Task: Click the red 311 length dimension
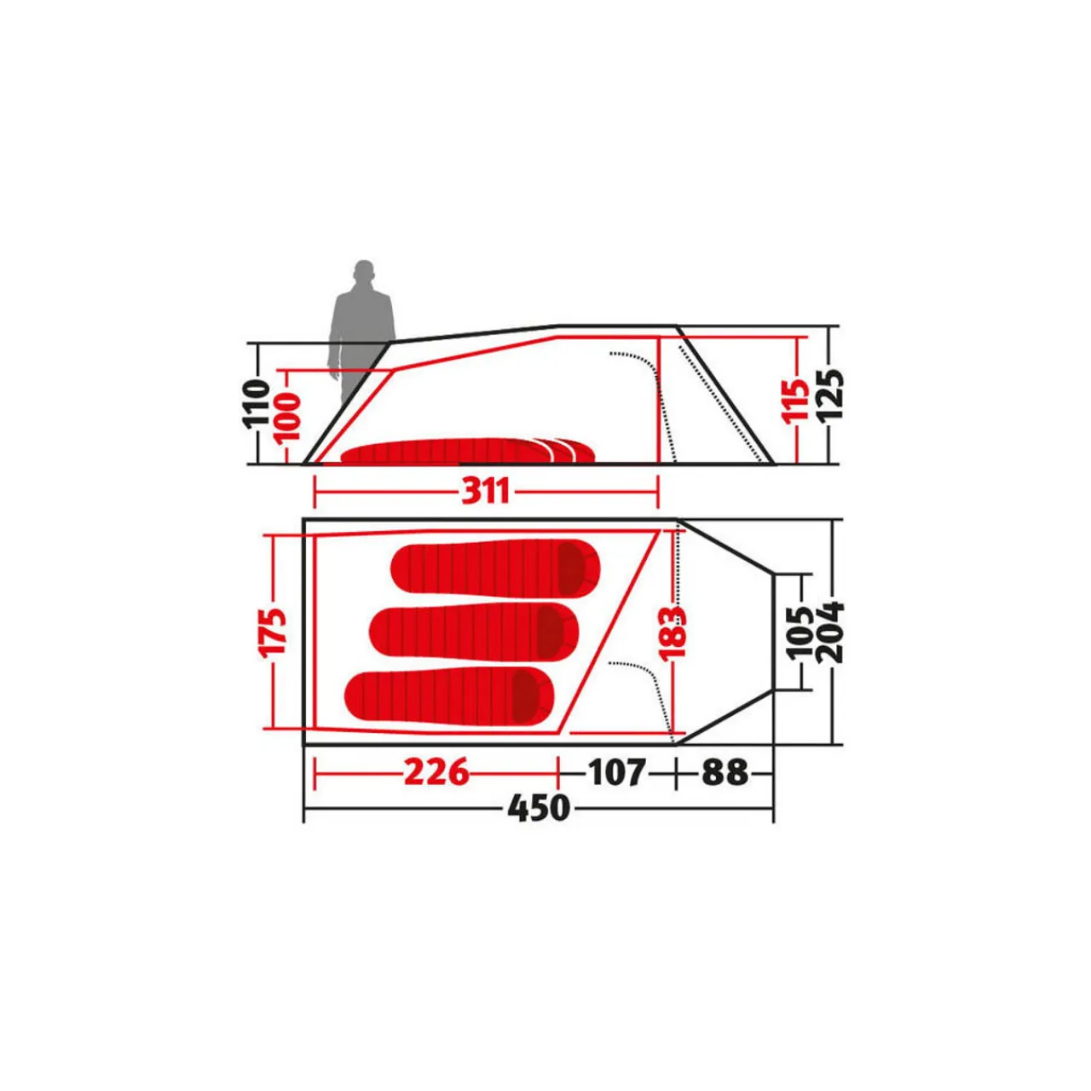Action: tap(486, 491)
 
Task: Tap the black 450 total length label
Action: tap(539, 807)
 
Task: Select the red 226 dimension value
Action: tap(436, 772)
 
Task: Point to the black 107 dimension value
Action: tap(617, 772)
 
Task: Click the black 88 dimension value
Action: tap(724, 772)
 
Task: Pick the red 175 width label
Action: tap(274, 632)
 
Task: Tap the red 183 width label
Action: tap(673, 632)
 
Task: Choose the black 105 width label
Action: tap(801, 632)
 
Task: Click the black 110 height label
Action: tap(257, 404)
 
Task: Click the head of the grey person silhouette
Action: tap(364, 273)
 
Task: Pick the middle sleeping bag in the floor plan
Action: tap(474, 631)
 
